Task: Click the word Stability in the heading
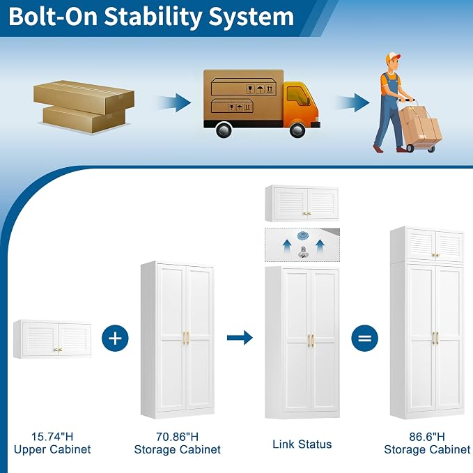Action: tap(153, 17)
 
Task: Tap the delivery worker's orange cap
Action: tap(393, 57)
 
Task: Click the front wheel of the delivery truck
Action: tap(297, 130)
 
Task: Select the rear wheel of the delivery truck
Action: tap(224, 130)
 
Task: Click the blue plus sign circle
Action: tap(115, 338)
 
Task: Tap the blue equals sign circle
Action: tap(365, 338)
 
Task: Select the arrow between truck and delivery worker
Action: tap(353, 102)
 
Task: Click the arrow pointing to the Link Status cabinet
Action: tap(240, 338)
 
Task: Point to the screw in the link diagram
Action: tap(303, 252)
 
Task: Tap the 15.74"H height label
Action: tap(52, 437)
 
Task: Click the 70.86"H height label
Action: tap(178, 437)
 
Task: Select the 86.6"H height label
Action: tap(427, 437)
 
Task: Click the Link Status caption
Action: tap(302, 444)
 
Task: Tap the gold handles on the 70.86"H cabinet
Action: tap(186, 338)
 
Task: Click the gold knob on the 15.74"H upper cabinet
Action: tap(59, 350)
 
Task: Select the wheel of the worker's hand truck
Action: tap(410, 148)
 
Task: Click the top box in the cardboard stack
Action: tap(84, 97)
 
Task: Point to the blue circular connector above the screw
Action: tap(302, 235)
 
